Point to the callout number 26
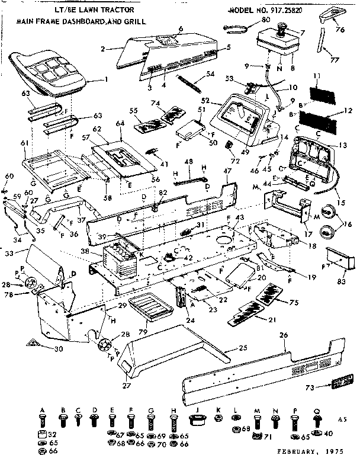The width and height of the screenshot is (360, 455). click(x=284, y=335)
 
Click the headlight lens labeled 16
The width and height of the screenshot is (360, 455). click(x=329, y=213)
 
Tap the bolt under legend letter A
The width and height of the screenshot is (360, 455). click(x=43, y=421)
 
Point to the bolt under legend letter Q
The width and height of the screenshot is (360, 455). click(x=317, y=421)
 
